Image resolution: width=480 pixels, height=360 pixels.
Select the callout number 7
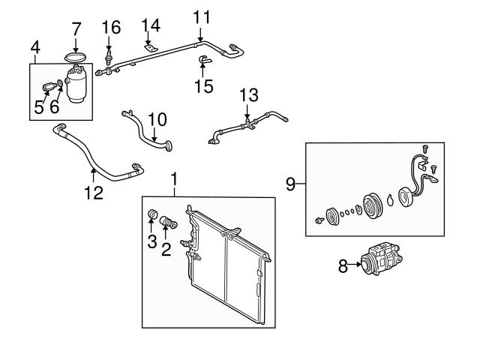76,31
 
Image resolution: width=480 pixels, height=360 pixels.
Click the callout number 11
202,16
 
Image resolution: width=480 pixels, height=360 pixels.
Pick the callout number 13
248,95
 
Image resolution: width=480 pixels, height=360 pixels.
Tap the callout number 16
111,28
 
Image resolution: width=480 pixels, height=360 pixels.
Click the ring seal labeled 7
75,55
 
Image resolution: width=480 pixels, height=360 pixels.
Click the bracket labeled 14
151,49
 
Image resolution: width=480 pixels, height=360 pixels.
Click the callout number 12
93,193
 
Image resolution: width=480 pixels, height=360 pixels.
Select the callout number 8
343,265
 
